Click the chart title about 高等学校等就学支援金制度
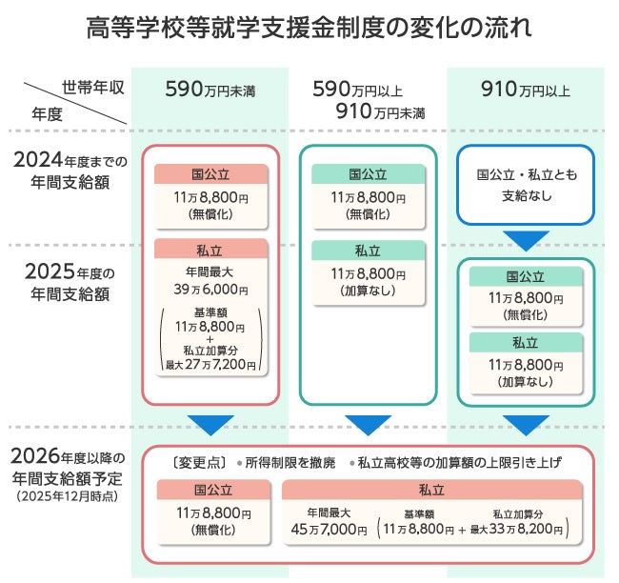pyautogui.click(x=309, y=27)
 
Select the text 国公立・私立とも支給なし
pyautogui.click(x=526, y=186)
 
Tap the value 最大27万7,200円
pyautogui.click(x=210, y=365)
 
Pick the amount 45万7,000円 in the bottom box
pyautogui.click(x=329, y=529)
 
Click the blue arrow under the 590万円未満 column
pyautogui.click(x=210, y=424)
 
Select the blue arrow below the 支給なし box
pyautogui.click(x=526, y=240)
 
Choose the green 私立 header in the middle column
pyautogui.click(x=368, y=251)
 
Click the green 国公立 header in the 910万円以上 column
pyautogui.click(x=526, y=277)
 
